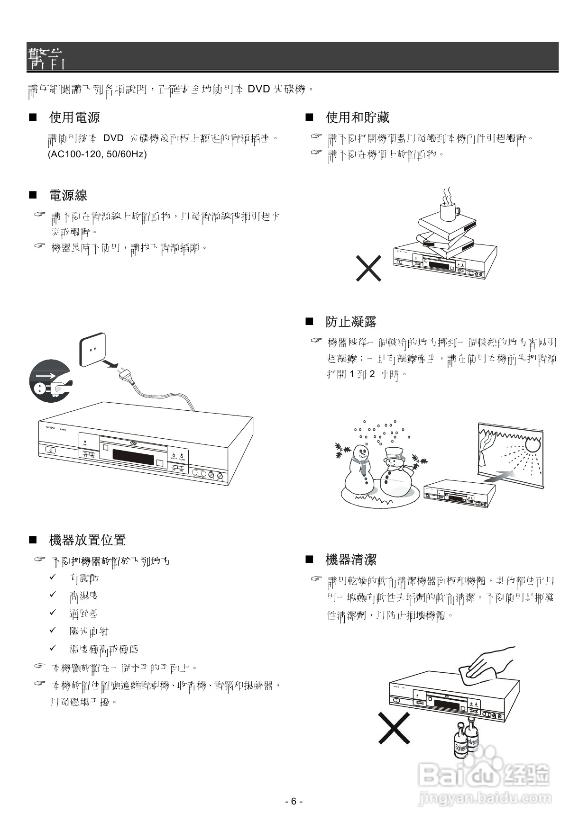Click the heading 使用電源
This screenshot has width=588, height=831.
click(x=74, y=117)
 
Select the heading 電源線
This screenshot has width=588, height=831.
click(x=68, y=195)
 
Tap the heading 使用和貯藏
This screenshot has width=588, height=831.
click(x=358, y=117)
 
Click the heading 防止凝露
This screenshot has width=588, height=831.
click(x=351, y=322)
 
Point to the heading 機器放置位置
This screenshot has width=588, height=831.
click(x=87, y=540)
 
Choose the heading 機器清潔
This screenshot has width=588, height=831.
click(x=351, y=560)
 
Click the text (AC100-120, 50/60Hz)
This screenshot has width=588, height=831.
click(x=97, y=154)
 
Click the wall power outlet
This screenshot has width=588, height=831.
click(x=93, y=350)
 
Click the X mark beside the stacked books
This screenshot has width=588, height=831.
click(x=369, y=268)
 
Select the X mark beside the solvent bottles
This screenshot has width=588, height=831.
click(x=394, y=728)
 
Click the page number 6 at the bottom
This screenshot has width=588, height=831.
click(x=294, y=802)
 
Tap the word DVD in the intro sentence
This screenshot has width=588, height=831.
click(x=259, y=89)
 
